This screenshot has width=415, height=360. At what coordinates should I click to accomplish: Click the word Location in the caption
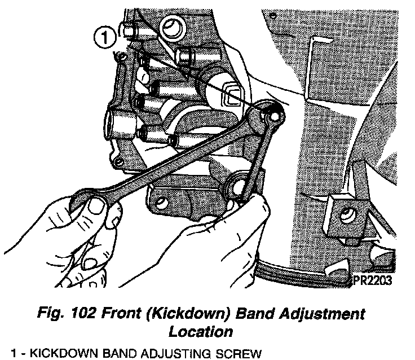[x=201, y=331]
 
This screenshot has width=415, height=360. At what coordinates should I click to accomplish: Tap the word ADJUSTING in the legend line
[x=184, y=353]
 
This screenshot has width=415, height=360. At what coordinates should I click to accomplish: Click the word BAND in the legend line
[x=128, y=353]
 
